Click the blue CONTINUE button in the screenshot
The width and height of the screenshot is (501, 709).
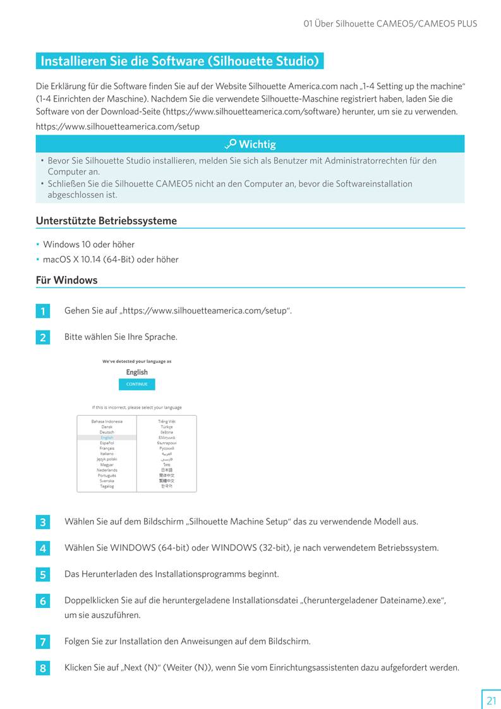click(136, 384)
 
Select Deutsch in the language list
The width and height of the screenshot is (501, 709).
click(107, 432)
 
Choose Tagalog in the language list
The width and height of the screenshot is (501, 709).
click(107, 487)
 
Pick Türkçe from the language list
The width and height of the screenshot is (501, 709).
click(167, 427)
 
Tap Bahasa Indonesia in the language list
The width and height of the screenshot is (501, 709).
click(107, 421)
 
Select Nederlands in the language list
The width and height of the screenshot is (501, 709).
click(107, 470)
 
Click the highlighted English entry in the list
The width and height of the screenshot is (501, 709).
click(107, 437)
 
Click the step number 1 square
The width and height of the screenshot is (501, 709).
click(42, 312)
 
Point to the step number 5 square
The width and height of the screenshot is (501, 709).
click(42, 575)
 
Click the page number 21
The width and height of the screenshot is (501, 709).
click(491, 700)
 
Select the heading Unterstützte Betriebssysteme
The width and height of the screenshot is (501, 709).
click(106, 221)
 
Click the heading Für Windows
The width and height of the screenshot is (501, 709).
click(66, 280)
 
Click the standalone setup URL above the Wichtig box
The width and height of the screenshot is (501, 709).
click(118, 126)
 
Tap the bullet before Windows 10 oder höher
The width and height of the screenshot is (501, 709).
click(38, 245)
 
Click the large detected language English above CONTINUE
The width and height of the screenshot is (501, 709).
click(136, 372)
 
